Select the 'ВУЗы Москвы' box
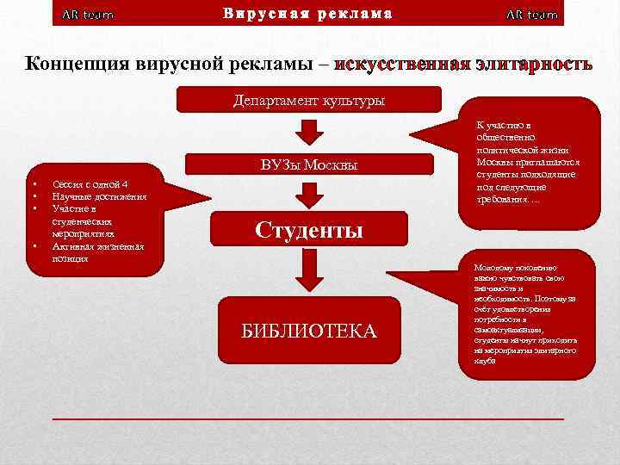coord(308,165)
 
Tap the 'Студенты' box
coord(308,230)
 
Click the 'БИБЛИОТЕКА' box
coord(308,331)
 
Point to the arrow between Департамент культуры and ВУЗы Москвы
coord(308,132)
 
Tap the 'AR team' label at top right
coord(531,15)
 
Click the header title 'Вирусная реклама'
coord(308,14)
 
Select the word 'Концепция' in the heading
coord(77,65)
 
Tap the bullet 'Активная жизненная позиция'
coord(97,252)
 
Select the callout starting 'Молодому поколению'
coord(525,314)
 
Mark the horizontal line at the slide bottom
coord(308,418)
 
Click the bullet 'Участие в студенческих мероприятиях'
coord(90,221)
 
